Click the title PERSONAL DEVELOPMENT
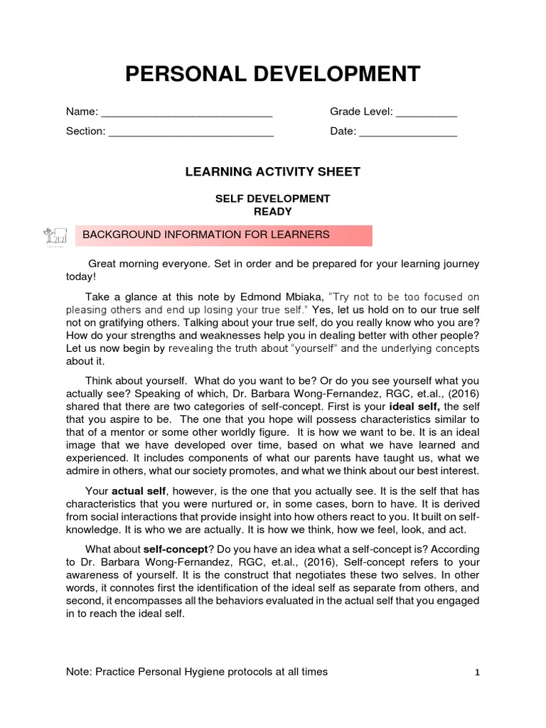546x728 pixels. (x=273, y=74)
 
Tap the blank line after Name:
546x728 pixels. (x=187, y=112)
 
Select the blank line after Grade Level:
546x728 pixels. (x=426, y=112)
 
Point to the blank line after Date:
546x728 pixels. (x=407, y=132)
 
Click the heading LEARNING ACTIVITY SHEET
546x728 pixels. (x=273, y=171)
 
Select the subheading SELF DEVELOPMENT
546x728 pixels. (x=273, y=198)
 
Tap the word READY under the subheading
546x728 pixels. (x=273, y=211)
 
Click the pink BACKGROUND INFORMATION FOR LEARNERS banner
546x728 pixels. (x=224, y=235)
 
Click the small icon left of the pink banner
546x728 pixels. (x=55, y=235)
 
